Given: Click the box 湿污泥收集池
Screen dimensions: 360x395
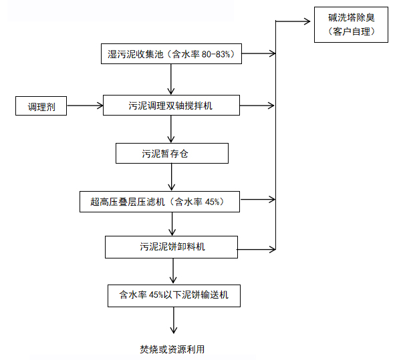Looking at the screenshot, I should (172, 55).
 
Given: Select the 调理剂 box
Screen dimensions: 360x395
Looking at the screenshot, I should (41, 106).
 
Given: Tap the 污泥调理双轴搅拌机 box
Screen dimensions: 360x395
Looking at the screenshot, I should (171, 106).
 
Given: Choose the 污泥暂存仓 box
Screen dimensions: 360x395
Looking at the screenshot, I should (172, 154).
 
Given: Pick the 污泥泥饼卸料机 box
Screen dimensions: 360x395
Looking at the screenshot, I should (172, 246).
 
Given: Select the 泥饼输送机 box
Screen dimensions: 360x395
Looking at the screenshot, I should (173, 295).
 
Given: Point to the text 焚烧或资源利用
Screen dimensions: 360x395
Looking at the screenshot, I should (172, 349).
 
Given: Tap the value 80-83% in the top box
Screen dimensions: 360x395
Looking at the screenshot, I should (215, 55).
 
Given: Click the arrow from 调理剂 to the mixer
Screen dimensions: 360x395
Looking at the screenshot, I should (84, 106).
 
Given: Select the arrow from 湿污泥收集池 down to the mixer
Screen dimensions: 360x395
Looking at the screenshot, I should (172, 80).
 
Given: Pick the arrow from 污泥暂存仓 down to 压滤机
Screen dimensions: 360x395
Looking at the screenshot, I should (172, 177).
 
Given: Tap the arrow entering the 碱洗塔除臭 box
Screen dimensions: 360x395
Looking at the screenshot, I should (294, 21).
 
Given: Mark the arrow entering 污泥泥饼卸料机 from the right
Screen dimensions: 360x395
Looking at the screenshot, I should (257, 249).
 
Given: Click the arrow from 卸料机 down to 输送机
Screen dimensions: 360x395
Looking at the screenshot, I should (174, 271).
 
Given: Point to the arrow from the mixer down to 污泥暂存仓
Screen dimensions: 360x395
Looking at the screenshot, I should (172, 130).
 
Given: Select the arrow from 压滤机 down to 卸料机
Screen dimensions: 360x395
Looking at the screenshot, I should (172, 224).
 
